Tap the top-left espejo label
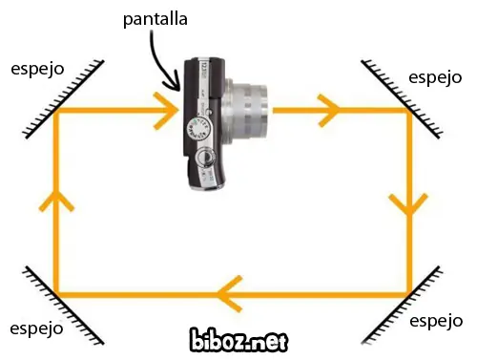37,70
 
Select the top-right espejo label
434,77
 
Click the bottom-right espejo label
436,322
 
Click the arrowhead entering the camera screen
167,111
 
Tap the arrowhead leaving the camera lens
329,111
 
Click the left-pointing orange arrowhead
229,292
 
